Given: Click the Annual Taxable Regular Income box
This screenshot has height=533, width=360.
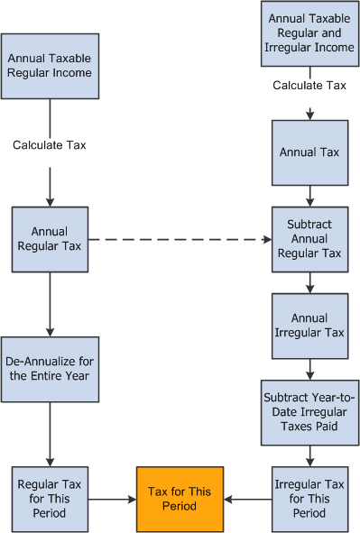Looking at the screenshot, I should point(50,66).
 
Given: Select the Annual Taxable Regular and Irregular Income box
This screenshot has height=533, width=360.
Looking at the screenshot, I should point(309,33).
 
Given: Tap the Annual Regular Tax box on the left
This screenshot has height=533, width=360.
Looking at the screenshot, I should point(50,239).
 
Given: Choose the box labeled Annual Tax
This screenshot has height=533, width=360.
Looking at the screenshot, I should point(309,152).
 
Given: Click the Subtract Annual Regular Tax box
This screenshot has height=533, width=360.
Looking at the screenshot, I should point(309,239).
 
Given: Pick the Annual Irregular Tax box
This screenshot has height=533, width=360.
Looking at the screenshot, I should point(309,326).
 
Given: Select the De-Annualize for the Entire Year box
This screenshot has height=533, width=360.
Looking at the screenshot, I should point(50,368).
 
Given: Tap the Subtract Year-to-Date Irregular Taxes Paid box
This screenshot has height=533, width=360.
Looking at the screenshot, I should point(309,412).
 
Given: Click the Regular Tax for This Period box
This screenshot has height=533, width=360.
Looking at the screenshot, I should point(50,498).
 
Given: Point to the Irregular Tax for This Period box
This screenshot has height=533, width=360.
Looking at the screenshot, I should point(309,498).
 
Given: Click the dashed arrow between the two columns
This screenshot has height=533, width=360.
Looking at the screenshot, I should point(180,240).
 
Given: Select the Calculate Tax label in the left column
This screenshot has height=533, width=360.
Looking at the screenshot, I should point(49,144).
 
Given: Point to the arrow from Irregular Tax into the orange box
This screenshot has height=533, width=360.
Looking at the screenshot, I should point(247,498).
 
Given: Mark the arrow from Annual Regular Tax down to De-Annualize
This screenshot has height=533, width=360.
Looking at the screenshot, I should point(50,303).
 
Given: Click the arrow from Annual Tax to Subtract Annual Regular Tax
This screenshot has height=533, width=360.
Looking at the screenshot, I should point(309,196).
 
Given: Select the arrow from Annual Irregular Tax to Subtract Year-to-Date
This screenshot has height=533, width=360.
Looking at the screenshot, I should point(309,369).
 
